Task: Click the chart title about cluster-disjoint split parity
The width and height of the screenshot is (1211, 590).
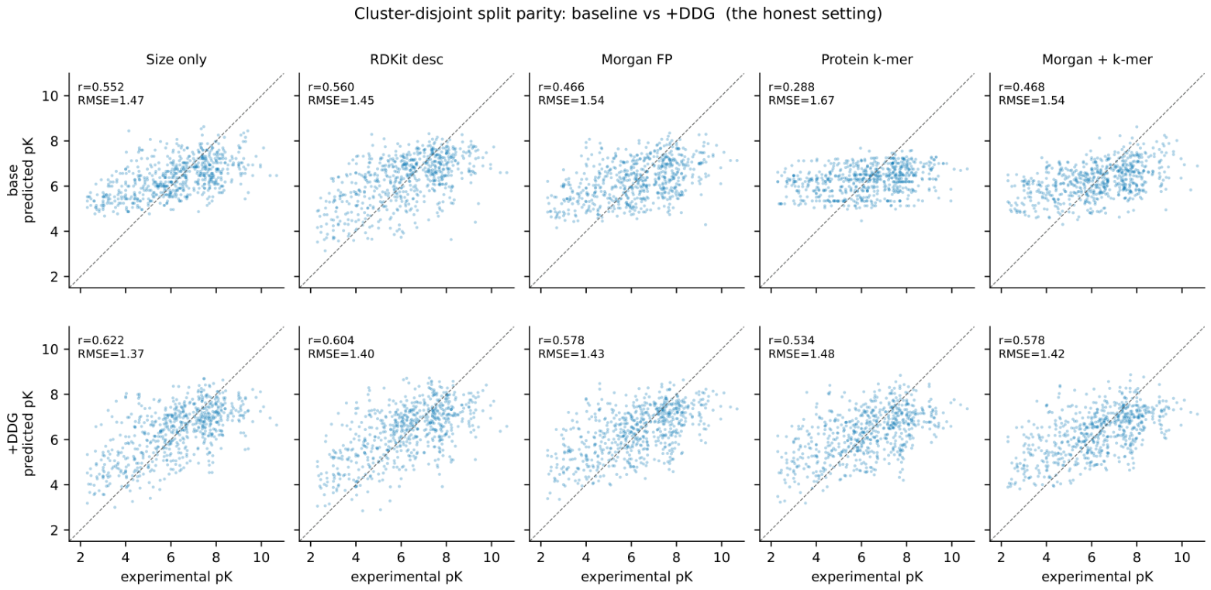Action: click(618, 13)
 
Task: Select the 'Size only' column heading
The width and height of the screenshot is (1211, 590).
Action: click(176, 60)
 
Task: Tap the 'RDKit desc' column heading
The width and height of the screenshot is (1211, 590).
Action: click(406, 60)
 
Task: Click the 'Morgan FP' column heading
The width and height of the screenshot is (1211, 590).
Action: click(637, 60)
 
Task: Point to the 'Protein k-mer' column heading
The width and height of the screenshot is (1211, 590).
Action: click(868, 60)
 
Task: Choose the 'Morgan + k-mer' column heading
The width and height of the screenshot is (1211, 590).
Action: click(1098, 60)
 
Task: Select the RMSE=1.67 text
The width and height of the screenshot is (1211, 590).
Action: click(801, 101)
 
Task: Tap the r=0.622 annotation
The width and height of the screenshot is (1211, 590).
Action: click(101, 340)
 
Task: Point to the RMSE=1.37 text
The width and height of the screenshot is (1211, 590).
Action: click(111, 354)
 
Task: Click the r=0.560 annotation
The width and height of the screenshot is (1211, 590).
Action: click(331, 87)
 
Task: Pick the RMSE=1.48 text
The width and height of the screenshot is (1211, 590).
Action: click(801, 354)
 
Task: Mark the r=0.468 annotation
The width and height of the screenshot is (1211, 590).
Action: click(1022, 87)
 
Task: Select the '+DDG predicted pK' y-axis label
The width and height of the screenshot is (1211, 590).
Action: click(20, 433)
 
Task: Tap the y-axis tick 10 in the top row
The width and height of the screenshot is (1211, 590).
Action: click(50, 95)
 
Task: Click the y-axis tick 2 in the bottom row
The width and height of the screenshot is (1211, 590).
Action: click(54, 530)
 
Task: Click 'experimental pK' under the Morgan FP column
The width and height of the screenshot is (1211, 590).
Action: click(637, 577)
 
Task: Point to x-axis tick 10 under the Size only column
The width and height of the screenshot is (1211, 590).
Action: click(262, 557)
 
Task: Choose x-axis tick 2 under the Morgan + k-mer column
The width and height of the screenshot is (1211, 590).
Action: click(1001, 557)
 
